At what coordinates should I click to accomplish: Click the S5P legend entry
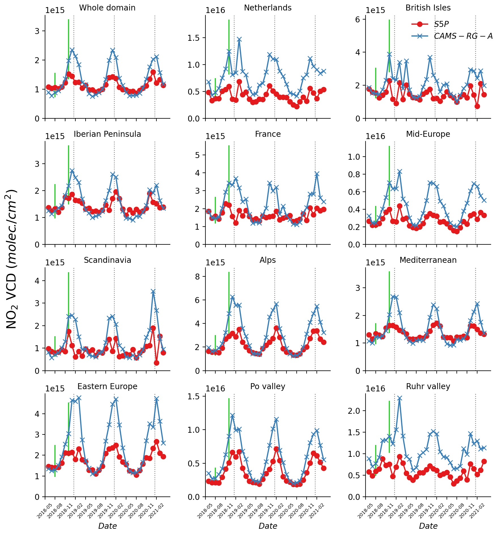[441, 24]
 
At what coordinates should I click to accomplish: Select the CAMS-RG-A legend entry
[463, 36]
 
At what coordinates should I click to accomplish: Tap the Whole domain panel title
[107, 8]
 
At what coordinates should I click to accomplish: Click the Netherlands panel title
[267, 8]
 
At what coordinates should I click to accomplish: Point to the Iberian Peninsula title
[107, 134]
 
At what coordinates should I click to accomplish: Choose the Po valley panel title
[267, 386]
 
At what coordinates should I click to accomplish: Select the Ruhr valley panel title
[428, 386]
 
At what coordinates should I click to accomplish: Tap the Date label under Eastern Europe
[107, 526]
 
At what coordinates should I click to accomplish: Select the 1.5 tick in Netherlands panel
[195, 38]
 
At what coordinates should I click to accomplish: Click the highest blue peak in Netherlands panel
[239, 39]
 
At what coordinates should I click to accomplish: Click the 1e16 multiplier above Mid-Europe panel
[375, 136]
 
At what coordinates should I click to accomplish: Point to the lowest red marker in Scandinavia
[156, 363]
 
